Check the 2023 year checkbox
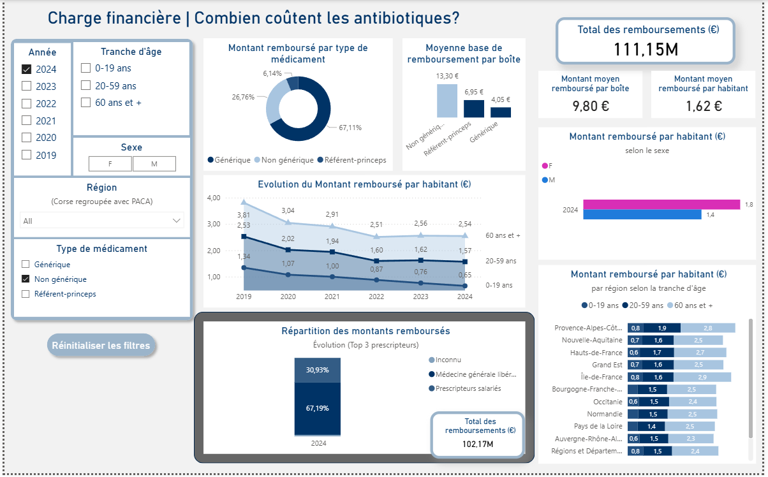tap(27, 86)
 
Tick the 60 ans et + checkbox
tap(85, 102)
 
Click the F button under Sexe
tap(110, 164)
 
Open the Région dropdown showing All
tap(102, 221)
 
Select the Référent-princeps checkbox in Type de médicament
tap(26, 294)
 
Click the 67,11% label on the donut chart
tap(350, 128)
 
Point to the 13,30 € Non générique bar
tap(447, 100)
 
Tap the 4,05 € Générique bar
tap(501, 112)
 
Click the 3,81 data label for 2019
tap(244, 215)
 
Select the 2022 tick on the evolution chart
tap(376, 297)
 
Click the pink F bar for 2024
tap(661, 204)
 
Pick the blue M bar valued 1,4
tap(642, 215)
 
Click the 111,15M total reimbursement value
tap(646, 49)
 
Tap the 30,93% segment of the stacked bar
tap(317, 370)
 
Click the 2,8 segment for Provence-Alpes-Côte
tap(707, 328)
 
